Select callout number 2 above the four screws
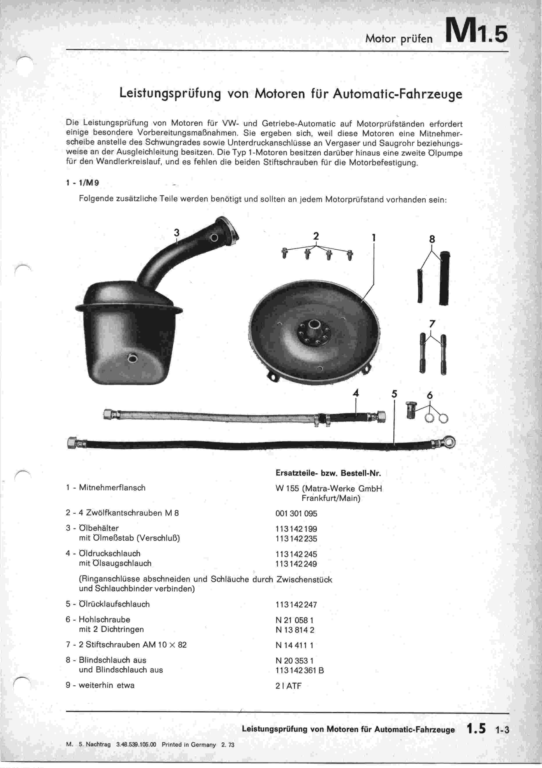tap(316, 236)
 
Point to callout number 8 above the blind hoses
tap(432, 239)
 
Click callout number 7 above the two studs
tap(432, 324)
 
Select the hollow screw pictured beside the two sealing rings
tap(411, 410)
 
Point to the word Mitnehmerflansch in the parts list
tap(112, 488)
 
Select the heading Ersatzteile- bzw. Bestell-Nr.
tap(328, 473)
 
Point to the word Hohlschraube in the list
tap(105, 620)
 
